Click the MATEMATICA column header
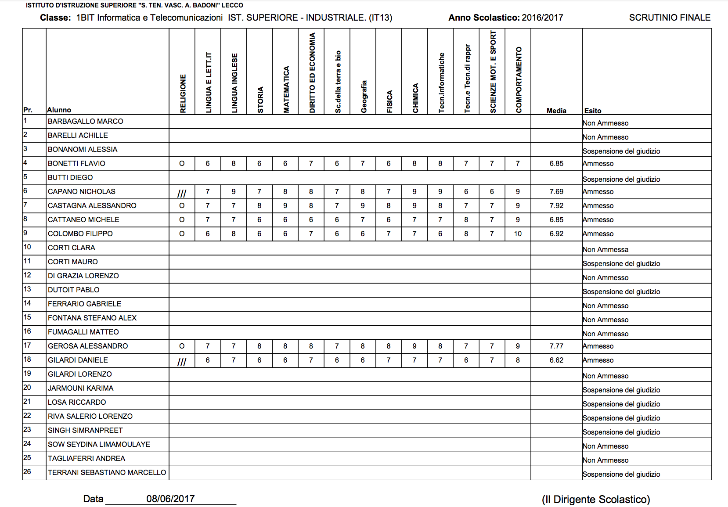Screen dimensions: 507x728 point(286,90)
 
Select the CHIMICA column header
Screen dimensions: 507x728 point(415,98)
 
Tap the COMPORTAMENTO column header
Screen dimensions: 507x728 point(519,80)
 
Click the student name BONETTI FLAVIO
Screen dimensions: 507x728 point(76,163)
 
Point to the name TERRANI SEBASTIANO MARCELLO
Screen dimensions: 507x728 point(107,472)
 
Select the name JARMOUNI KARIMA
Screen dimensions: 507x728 point(80,388)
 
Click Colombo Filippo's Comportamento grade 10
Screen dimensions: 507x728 point(518,234)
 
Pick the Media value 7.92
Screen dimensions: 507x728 point(556,205)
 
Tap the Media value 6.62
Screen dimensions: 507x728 point(556,360)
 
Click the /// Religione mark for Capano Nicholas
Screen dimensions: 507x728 point(182,193)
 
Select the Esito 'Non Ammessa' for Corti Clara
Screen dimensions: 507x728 point(605,249)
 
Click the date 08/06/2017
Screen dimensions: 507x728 point(170,499)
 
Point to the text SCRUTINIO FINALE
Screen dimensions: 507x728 point(670,18)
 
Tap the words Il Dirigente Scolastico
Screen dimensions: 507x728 point(596,500)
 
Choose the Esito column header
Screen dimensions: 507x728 point(593,111)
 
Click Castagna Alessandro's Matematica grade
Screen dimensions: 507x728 point(285,205)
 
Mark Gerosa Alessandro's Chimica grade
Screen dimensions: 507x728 point(414,346)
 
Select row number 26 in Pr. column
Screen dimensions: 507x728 point(27,471)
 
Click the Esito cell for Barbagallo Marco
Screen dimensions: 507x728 point(605,123)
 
